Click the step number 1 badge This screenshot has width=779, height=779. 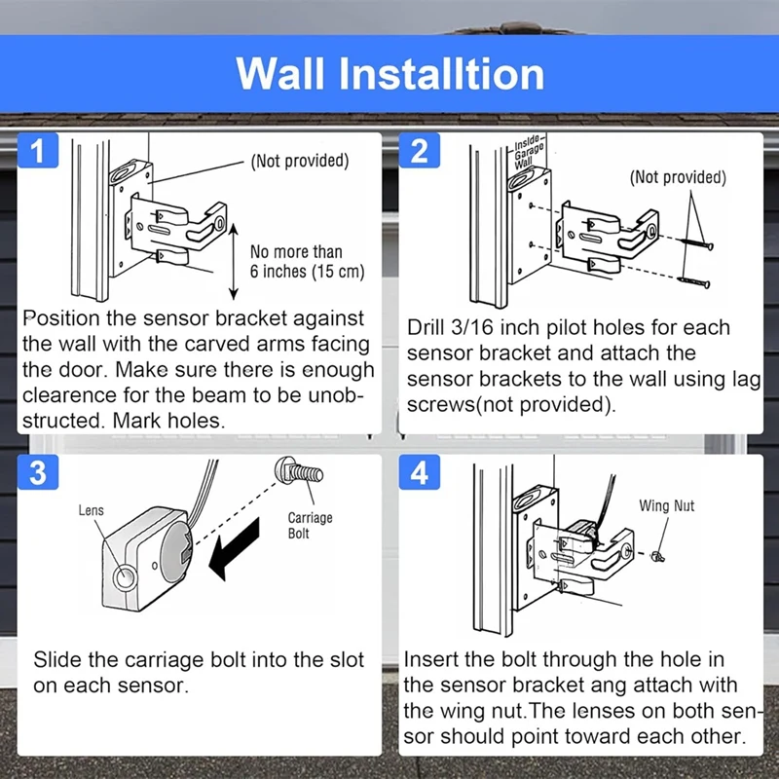37,153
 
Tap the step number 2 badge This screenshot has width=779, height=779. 419,153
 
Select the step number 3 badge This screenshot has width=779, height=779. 37,474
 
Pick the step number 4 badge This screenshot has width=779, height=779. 419,474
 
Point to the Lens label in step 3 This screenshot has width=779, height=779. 91,509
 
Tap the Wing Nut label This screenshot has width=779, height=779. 667,505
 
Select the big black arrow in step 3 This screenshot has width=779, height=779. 236,547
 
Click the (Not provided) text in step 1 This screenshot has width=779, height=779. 299,161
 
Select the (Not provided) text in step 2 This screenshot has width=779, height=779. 677,177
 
